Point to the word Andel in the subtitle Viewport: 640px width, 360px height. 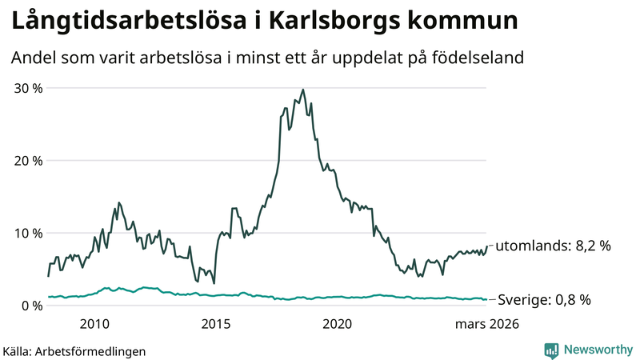(34, 58)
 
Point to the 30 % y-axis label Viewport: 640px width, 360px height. (26, 88)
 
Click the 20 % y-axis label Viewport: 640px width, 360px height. (26, 160)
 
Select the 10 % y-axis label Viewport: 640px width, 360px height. (26, 233)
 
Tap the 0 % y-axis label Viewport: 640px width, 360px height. (30, 306)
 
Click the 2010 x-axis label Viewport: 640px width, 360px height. (94, 324)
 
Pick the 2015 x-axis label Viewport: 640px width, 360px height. (215, 324)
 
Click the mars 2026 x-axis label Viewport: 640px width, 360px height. (486, 324)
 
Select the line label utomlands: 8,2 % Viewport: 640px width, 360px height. (553, 246)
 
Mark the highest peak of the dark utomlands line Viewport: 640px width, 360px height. (302, 90)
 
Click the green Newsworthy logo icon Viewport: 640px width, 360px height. (551, 350)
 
